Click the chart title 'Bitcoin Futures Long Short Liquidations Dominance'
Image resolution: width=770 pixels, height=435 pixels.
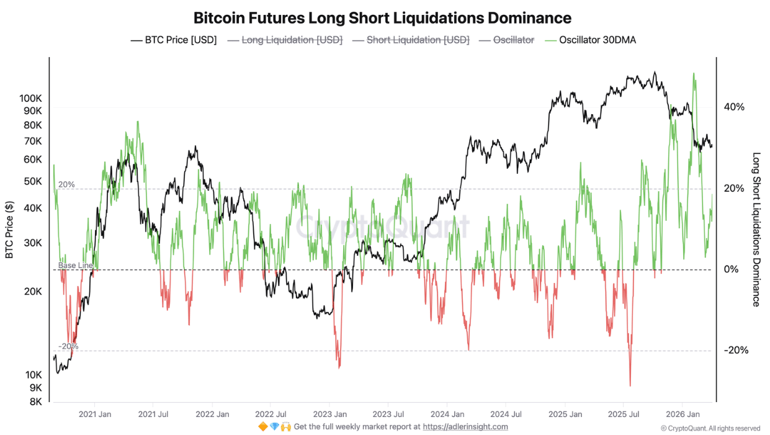pyautogui.click(x=382, y=17)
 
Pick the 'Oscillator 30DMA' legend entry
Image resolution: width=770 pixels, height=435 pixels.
pyautogui.click(x=598, y=40)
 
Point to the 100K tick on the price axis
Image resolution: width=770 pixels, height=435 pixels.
pyautogui.click(x=30, y=99)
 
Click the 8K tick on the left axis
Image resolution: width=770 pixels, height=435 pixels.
pyautogui.click(x=35, y=401)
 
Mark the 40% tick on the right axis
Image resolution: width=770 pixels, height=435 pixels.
pyautogui.click(x=734, y=107)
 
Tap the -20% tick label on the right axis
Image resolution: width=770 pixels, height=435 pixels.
pyautogui.click(x=735, y=351)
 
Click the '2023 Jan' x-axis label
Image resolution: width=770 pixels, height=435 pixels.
pyautogui.click(x=329, y=414)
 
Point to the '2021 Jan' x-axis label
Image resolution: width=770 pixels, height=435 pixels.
pyautogui.click(x=95, y=414)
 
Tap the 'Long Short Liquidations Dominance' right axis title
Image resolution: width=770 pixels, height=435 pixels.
pyautogui.click(x=756, y=230)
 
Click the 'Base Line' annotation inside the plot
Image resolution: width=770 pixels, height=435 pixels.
pyautogui.click(x=76, y=266)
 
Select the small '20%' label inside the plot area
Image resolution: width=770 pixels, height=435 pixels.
pyautogui.click(x=66, y=185)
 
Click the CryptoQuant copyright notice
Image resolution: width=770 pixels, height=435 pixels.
pyautogui.click(x=710, y=428)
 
